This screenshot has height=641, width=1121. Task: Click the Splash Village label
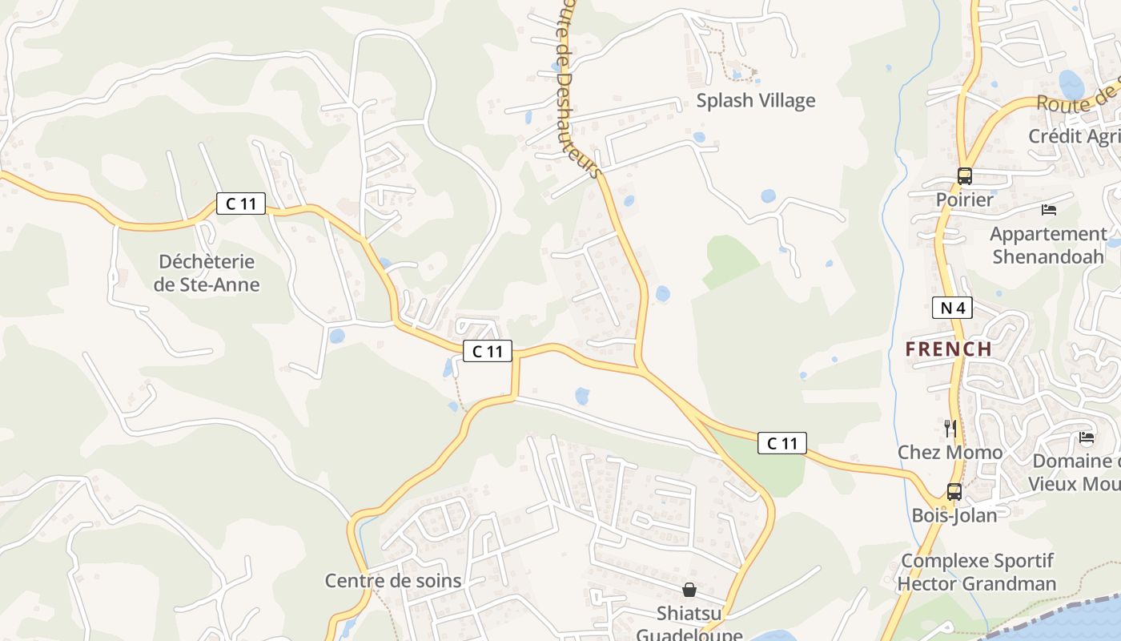755,100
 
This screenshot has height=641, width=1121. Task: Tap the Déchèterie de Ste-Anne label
207,272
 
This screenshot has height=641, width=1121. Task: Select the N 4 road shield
952,307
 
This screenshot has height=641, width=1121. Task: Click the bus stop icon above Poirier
964,175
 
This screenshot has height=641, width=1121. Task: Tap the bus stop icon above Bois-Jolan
954,491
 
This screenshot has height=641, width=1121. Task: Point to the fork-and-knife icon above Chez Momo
950,428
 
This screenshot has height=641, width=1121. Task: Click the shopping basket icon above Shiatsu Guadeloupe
689,590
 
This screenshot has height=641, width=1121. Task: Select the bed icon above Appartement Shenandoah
1048,210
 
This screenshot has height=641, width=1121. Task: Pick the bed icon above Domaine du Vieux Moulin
1087,437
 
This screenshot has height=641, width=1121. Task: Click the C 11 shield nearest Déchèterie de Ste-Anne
241,204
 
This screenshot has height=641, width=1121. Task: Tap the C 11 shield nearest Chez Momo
782,443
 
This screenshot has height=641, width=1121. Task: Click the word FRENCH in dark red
949,349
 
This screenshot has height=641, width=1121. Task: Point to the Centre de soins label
393,581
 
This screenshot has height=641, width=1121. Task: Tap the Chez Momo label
950,452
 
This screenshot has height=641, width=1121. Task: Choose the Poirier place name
965,200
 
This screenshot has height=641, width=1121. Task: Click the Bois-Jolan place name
954,514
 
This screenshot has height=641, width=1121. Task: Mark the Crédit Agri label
1074,136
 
